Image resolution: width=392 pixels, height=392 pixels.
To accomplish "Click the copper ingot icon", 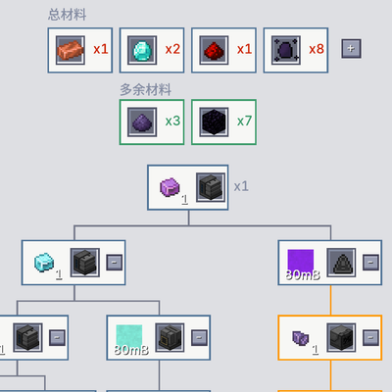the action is [x=71, y=50].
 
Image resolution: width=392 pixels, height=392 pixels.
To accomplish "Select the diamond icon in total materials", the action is [x=142, y=50].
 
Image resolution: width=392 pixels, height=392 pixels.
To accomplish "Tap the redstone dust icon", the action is [x=214, y=51].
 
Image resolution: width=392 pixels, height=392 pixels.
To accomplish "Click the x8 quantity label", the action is [x=317, y=49].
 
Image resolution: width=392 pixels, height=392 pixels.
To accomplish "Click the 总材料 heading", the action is [x=68, y=15].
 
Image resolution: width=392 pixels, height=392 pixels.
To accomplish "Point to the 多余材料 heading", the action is [x=146, y=89].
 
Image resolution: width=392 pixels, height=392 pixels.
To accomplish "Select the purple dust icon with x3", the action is [x=142, y=122].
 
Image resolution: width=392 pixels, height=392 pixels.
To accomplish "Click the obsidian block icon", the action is [x=214, y=122].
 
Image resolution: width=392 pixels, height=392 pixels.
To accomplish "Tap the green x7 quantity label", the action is [x=244, y=122].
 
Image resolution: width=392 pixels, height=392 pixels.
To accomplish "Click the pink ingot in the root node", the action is [x=170, y=187].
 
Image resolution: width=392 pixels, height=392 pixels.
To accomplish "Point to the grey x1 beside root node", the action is [x=241, y=186].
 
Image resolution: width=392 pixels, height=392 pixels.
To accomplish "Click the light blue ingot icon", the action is [x=44, y=262].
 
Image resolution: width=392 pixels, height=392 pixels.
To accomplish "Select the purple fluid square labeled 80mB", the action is [x=301, y=263].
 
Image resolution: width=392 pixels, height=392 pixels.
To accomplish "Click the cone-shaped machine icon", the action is [x=341, y=263].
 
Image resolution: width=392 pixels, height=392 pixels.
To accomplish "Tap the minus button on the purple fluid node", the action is [x=370, y=263].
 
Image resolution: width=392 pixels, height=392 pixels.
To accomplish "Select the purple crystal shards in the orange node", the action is [x=300, y=338].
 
